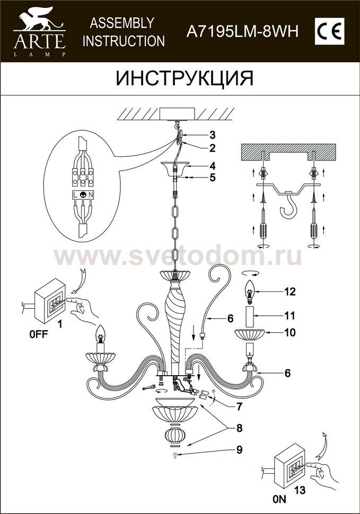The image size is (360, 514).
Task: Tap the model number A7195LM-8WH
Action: (x=242, y=32)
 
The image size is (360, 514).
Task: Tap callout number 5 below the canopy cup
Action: (x=212, y=178)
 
